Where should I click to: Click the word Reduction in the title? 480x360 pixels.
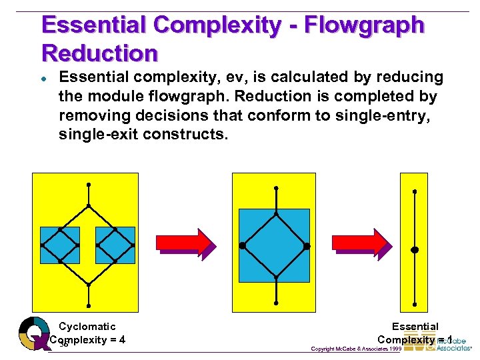pos(99,53)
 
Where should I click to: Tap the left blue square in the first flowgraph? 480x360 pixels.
pos(60,245)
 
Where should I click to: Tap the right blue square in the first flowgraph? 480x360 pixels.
pos(115,245)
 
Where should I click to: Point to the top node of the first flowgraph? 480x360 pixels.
pos(88,185)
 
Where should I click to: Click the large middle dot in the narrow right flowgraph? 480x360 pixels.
pos(414,250)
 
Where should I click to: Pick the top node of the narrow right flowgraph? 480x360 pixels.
pos(414,191)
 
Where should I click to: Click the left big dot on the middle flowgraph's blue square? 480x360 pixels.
pos(242,245)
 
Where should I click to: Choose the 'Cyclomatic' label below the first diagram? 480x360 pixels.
pos(87,327)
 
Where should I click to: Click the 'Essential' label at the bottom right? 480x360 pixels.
pos(415,327)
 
